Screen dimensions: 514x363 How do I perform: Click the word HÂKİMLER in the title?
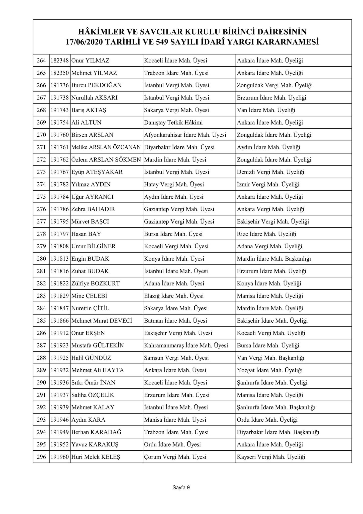[x=100, y=32]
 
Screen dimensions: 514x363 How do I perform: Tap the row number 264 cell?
[x=41, y=61]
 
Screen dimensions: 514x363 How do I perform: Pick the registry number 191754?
[x=60, y=123]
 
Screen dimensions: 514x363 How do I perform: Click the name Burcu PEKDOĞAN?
[x=96, y=85]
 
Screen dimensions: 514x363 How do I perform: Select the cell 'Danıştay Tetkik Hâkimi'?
[x=173, y=123]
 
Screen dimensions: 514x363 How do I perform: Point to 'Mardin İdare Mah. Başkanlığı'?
[x=274, y=259]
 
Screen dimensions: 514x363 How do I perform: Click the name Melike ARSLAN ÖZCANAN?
[x=106, y=147]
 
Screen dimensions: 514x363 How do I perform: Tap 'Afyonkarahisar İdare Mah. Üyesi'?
[x=185, y=135]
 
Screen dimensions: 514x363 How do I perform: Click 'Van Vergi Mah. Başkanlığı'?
[x=270, y=358]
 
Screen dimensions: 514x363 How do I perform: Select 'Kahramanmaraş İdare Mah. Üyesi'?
[x=186, y=346]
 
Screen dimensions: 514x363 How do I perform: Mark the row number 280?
[x=41, y=259]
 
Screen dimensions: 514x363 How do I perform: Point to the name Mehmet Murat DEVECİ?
[x=102, y=321]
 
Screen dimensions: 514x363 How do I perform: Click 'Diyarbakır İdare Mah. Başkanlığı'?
[x=278, y=432]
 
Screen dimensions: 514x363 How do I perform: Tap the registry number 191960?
[x=60, y=457]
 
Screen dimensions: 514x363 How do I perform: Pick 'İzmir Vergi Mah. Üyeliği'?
[x=268, y=185]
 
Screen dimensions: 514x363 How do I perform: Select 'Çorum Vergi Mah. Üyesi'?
[x=175, y=457]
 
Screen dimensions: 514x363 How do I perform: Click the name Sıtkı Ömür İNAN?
[x=93, y=383]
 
